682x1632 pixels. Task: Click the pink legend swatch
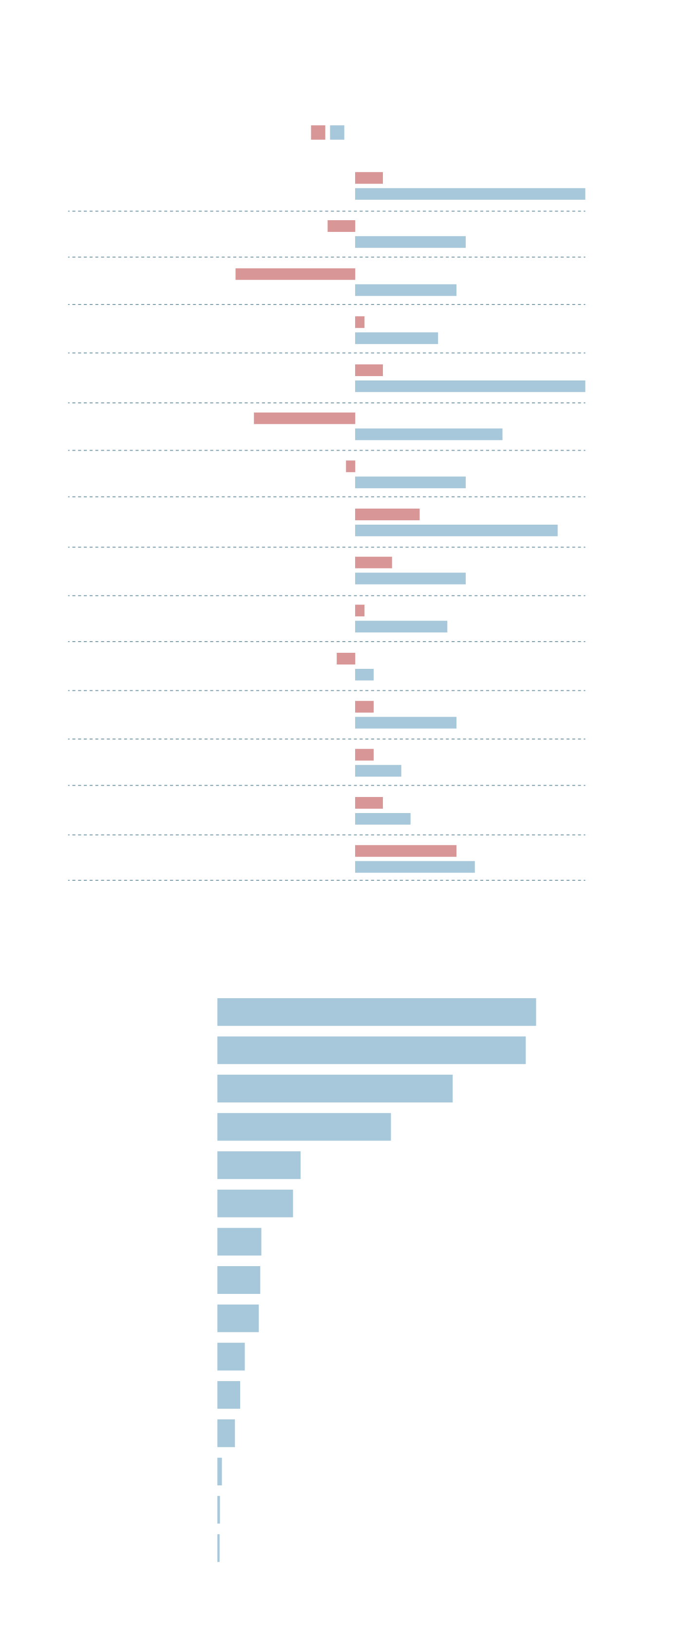click(318, 133)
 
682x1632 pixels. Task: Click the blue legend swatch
click(337, 133)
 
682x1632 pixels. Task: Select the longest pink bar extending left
click(295, 274)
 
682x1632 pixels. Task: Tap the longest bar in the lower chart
click(376, 1012)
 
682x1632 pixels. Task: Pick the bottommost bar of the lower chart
click(218, 1548)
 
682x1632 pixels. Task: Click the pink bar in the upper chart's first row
click(369, 178)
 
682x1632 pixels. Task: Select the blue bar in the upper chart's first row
click(470, 194)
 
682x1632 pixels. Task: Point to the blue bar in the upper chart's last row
click(415, 867)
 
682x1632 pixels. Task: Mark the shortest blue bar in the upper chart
click(364, 675)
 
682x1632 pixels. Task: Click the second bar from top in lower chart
click(371, 1050)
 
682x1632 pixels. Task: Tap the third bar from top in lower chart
click(335, 1088)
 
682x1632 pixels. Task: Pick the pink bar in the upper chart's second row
click(341, 226)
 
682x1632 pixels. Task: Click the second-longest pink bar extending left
click(304, 418)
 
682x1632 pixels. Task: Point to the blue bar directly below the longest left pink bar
click(405, 290)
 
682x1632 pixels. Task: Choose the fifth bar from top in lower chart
click(258, 1165)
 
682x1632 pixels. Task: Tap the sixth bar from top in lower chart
click(255, 1204)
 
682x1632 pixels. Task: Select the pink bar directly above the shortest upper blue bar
click(346, 659)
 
